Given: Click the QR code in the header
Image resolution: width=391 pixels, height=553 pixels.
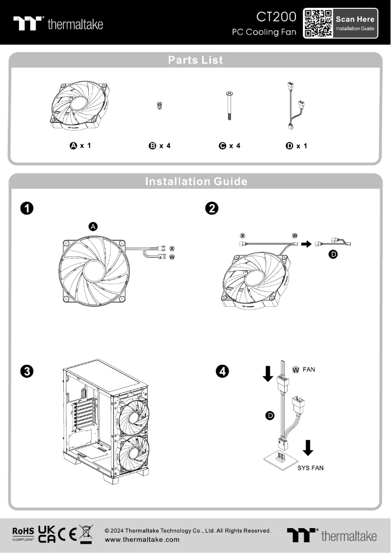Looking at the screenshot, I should tap(318, 23).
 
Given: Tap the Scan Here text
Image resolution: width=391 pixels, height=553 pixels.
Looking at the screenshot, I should tap(355, 20).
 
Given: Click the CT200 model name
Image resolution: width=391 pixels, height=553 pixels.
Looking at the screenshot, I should tap(276, 17).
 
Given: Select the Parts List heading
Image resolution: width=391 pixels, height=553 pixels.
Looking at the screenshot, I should tap(195, 60).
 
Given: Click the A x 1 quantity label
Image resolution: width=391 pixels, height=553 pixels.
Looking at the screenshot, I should tap(80, 145).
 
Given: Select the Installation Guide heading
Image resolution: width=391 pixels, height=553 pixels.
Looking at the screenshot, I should tap(195, 181).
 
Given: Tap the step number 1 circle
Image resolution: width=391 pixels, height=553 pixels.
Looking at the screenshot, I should tap(27, 208).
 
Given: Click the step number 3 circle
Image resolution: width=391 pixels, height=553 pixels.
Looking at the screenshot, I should tap(27, 372).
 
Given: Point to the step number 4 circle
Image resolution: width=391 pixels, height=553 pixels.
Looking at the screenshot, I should tap(222, 372).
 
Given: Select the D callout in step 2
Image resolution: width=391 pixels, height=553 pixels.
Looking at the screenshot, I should tap(333, 255).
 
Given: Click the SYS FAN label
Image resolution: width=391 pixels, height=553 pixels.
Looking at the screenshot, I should tap(311, 468).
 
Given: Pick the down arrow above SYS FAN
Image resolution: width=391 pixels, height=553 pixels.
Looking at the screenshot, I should tap(308, 448).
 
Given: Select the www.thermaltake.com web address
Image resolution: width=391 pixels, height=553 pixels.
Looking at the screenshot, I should tap(142, 539).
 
